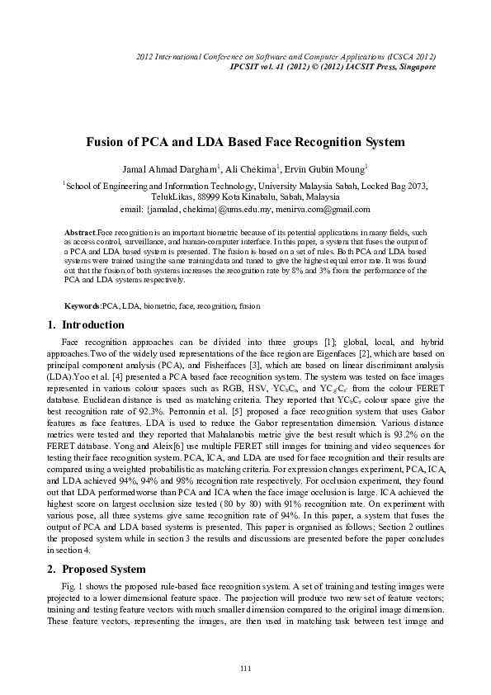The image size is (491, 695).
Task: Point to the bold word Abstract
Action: (x=80, y=234)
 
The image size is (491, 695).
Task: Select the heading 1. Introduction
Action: (x=87, y=325)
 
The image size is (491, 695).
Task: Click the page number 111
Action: (x=245, y=667)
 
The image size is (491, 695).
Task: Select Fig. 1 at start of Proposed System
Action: (x=73, y=585)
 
